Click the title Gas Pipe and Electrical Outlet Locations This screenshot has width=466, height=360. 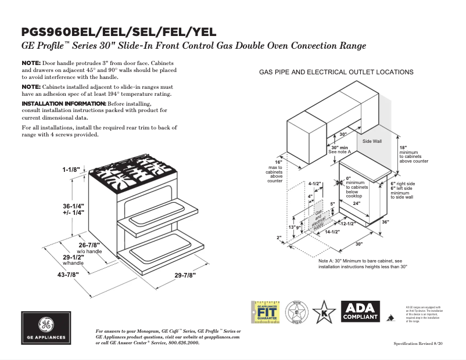[x=336, y=72]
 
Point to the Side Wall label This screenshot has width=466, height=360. [x=372, y=141]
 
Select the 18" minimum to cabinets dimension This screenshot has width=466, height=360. [x=403, y=148]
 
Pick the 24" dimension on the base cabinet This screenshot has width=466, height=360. [x=357, y=203]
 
